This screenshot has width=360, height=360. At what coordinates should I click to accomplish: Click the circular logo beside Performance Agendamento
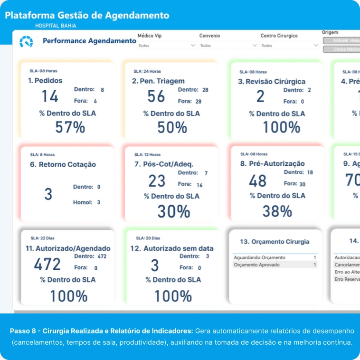point(26,42)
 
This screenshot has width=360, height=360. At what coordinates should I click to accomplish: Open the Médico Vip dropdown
point(167,46)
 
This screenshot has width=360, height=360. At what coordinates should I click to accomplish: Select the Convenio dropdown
point(228,46)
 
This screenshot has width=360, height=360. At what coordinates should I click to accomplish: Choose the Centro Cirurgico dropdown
point(290,46)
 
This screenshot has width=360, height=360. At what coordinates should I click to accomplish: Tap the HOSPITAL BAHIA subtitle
point(56,26)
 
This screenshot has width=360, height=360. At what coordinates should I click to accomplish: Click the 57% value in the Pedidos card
point(70,127)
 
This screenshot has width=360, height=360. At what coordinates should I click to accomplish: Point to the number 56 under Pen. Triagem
point(156,96)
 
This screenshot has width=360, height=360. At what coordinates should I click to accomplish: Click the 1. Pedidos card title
point(45,81)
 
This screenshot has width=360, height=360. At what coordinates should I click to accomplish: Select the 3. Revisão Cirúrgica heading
point(272,82)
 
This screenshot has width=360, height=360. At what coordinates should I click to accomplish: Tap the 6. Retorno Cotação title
point(63,165)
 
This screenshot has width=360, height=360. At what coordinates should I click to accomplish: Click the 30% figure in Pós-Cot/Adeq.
point(173,211)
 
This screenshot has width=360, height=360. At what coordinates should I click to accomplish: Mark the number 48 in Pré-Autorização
point(258,181)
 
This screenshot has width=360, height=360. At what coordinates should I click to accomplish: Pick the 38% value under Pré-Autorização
point(277,211)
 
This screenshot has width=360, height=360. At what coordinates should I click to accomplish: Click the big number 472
point(47,264)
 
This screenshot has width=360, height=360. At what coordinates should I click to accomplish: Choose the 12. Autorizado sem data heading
point(172,248)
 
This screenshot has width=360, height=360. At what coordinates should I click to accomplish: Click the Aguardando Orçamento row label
point(259,257)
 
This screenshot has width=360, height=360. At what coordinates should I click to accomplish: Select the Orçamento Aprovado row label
point(257,265)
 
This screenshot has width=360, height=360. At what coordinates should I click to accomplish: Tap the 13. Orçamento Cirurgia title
point(275,242)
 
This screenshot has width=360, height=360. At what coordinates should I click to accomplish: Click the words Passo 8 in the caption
point(23,330)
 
